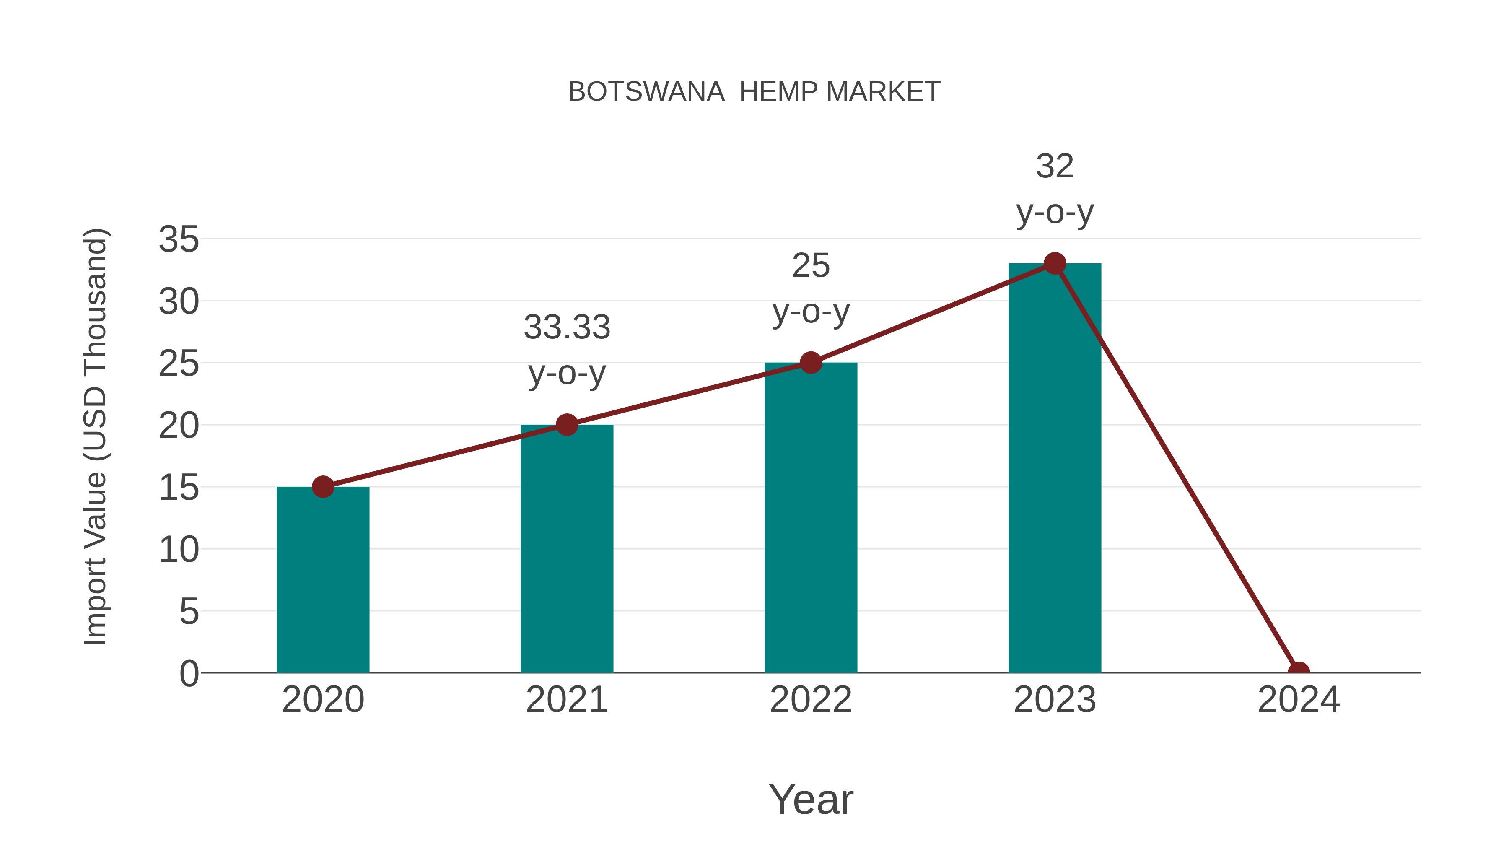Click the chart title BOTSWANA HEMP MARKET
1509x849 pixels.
coord(754,92)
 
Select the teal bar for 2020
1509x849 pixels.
coord(323,580)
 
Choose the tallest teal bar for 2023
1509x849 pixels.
coord(1055,469)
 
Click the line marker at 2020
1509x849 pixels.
coord(323,486)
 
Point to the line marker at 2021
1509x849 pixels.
coord(566,424)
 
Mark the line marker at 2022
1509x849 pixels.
coord(811,363)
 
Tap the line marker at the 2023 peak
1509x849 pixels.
coord(1055,264)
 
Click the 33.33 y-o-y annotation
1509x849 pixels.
coord(566,350)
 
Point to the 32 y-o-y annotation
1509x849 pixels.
coord(1055,189)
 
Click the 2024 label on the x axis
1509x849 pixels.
coord(1299,700)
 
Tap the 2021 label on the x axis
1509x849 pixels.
coord(566,700)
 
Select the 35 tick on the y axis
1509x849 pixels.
coord(179,240)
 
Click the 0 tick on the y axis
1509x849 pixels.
coord(189,674)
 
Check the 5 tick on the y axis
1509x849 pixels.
coord(189,612)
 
